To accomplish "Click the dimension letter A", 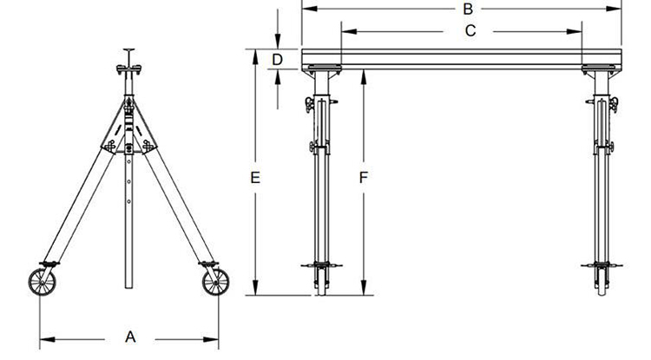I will click(130, 337).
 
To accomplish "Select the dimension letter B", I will click(467, 10).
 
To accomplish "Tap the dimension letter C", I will click(470, 31).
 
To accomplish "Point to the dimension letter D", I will click(278, 59).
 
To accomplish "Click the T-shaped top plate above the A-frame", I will click(128, 52).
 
